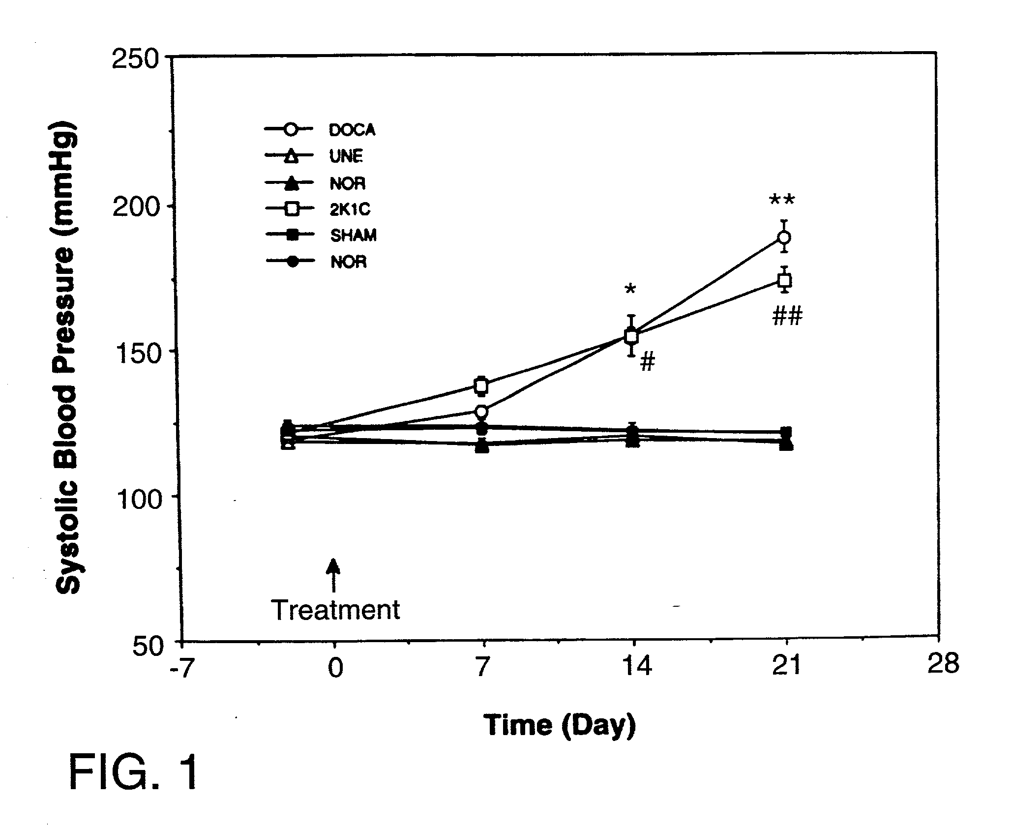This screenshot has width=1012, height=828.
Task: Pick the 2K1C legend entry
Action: (x=318, y=209)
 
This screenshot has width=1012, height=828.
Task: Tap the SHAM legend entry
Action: (x=321, y=236)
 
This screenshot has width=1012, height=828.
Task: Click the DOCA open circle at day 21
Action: (x=784, y=238)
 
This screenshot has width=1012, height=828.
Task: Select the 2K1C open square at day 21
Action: (x=785, y=281)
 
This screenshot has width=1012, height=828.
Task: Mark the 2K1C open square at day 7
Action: (x=482, y=385)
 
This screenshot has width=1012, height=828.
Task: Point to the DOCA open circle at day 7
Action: (x=481, y=411)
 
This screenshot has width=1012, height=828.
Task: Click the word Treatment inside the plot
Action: (x=336, y=610)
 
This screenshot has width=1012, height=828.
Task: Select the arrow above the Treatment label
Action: (x=334, y=575)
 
